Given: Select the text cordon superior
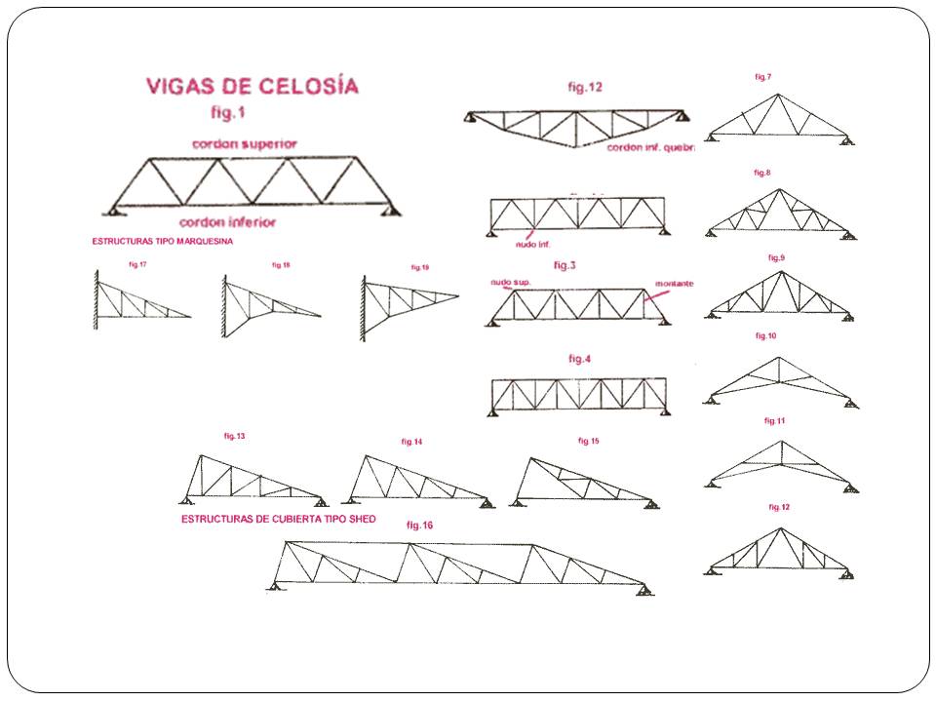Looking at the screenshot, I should [x=245, y=143].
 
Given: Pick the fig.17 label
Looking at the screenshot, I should [x=137, y=263].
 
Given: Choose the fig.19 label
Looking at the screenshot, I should [x=420, y=267].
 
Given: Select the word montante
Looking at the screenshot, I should [x=674, y=284].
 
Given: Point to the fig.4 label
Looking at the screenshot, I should [x=580, y=359].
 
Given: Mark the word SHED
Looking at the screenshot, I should [x=360, y=520].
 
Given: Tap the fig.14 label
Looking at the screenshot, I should [x=411, y=442].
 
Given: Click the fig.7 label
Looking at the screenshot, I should [x=763, y=76].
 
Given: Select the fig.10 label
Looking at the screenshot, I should [x=765, y=335].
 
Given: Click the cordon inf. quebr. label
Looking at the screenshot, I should [x=649, y=148].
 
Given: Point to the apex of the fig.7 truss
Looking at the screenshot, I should [x=777, y=95].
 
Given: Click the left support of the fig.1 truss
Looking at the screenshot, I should [x=113, y=210].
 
